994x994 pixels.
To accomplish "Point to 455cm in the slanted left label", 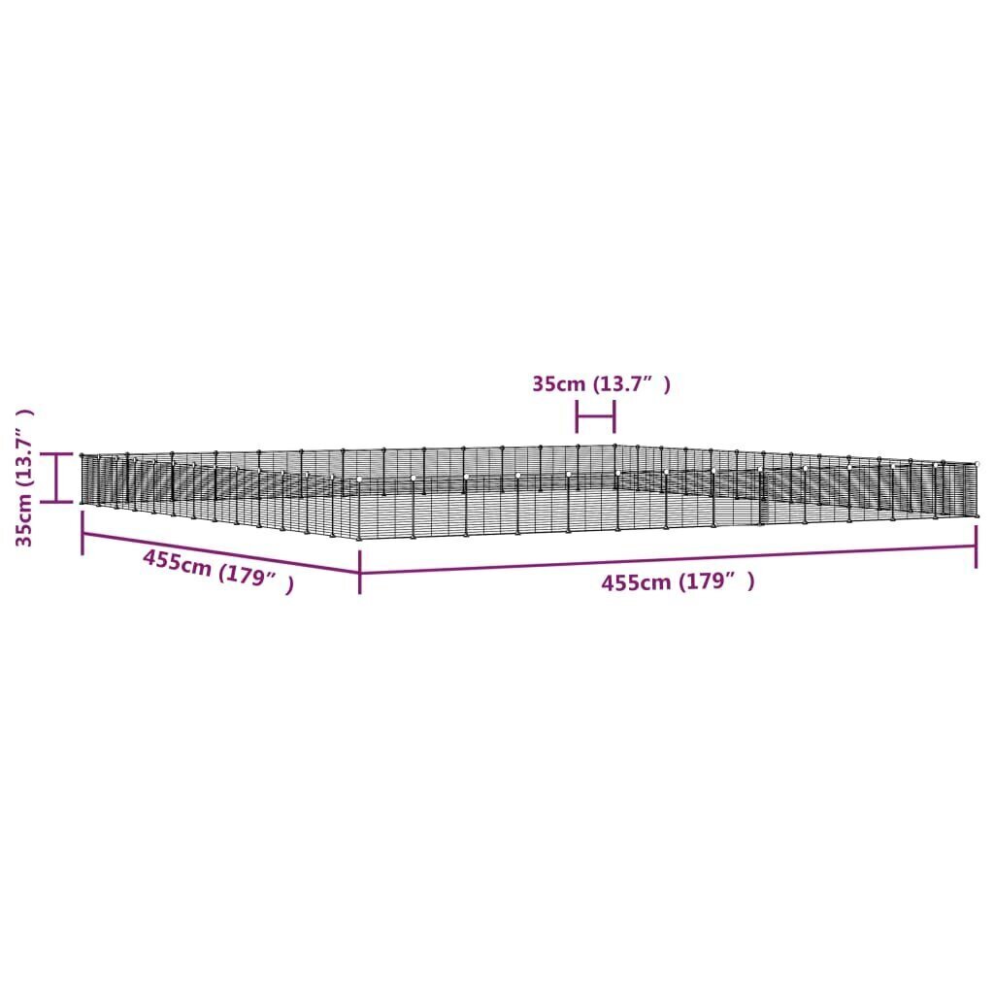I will click(177, 562).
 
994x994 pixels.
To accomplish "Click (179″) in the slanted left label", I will click(255, 580).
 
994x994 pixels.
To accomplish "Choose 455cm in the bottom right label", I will click(635, 582).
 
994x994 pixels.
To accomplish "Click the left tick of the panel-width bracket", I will click(578, 418).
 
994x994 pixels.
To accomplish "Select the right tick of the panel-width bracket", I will click(614, 418).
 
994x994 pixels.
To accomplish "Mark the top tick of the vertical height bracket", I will click(58, 453).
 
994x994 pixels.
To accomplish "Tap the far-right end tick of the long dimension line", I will click(976, 558).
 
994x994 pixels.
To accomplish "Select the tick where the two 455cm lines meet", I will click(360, 572).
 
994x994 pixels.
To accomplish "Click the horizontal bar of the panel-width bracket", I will click(596, 418).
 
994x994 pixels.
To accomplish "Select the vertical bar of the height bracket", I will click(58, 477).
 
